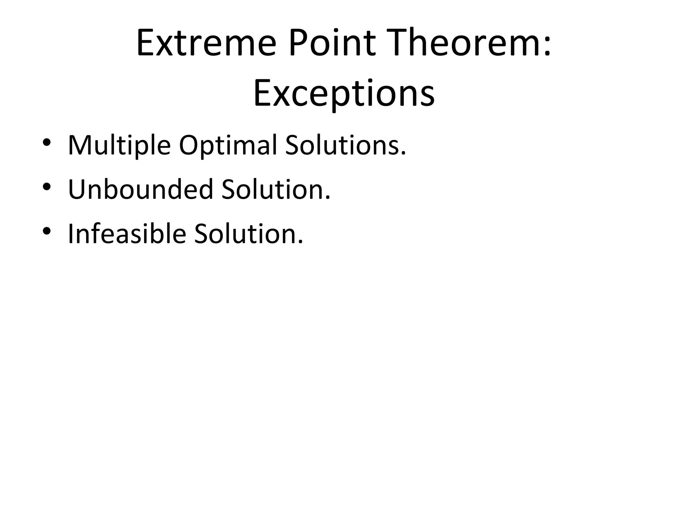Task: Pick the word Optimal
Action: (228, 145)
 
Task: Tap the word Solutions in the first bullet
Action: (342, 145)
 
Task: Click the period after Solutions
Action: (403, 153)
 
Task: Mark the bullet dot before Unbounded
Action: (47, 186)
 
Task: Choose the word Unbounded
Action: (140, 189)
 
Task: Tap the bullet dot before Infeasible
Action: (47, 231)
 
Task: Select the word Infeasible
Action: (127, 233)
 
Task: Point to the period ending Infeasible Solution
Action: (300, 242)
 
